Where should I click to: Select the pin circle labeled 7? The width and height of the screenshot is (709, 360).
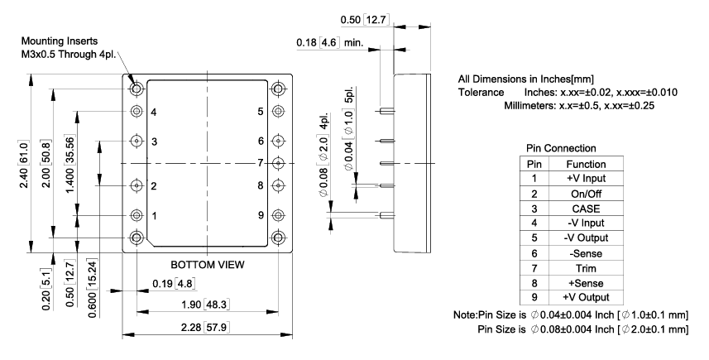278,163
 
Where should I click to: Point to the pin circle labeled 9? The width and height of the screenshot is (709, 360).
278,215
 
